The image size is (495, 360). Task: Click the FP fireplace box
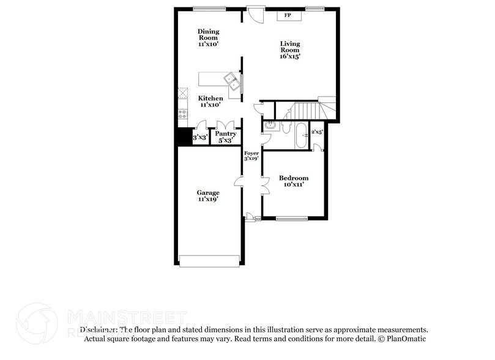tap(288, 15)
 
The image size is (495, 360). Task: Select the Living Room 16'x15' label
tap(290, 49)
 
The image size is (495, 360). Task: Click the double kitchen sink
tap(231, 78)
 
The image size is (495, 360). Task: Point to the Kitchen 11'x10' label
tap(210, 101)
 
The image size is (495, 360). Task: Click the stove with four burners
tap(182, 113)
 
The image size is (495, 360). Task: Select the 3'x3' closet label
tap(200, 138)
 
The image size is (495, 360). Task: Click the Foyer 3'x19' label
tap(251, 155)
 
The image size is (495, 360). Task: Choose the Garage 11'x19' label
tap(208, 196)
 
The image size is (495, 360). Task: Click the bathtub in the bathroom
tap(302, 137)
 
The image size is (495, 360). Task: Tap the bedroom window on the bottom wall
tap(291, 217)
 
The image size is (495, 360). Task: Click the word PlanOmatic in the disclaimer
tap(406, 337)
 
